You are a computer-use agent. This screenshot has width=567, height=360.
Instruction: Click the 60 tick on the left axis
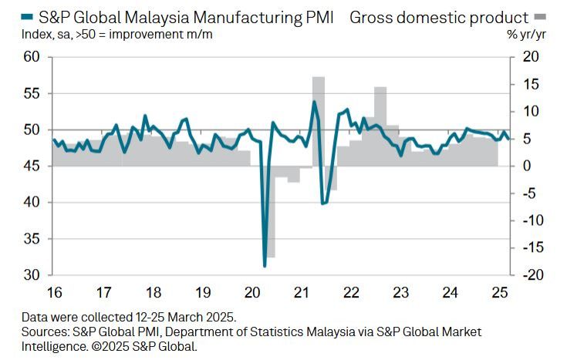pos(31,57)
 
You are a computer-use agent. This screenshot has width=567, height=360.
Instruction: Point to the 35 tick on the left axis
pos(31,239)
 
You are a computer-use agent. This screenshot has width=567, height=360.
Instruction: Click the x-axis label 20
pos(251,293)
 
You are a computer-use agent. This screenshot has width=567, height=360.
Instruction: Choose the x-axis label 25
pos(500,293)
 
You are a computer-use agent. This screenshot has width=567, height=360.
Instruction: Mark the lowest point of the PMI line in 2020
pos(265,266)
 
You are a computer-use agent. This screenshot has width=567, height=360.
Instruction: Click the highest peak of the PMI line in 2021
pos(314,102)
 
